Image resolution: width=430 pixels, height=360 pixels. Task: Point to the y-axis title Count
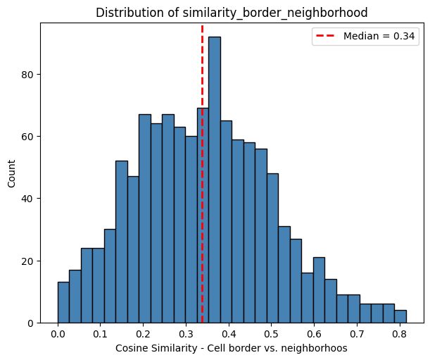11,173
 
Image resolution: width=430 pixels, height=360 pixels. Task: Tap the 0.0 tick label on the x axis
58,335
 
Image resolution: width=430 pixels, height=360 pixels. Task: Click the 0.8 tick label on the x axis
399,335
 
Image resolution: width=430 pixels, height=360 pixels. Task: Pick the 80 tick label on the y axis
27,74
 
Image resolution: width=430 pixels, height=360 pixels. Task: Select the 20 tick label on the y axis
27,261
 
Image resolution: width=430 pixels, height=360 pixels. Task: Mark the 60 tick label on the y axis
27,137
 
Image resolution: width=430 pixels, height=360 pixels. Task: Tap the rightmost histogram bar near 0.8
400,316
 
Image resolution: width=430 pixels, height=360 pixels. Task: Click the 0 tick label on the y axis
30,323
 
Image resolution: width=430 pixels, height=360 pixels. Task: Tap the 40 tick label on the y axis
27,199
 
